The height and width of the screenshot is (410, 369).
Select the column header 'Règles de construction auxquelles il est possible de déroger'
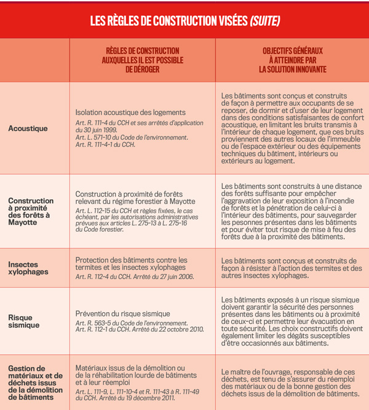(x=142, y=60)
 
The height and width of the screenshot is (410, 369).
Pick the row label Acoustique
(x=28, y=128)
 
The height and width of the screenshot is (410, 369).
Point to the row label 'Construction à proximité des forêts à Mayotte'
(x=31, y=211)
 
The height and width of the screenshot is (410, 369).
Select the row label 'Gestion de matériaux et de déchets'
(x=35, y=382)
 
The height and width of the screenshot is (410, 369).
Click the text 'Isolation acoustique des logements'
(x=130, y=112)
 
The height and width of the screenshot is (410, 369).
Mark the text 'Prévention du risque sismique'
(x=124, y=313)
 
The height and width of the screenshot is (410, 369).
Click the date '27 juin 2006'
(x=175, y=277)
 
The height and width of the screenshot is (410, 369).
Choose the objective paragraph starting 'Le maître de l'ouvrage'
(x=290, y=382)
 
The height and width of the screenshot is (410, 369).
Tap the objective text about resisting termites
(x=291, y=268)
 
